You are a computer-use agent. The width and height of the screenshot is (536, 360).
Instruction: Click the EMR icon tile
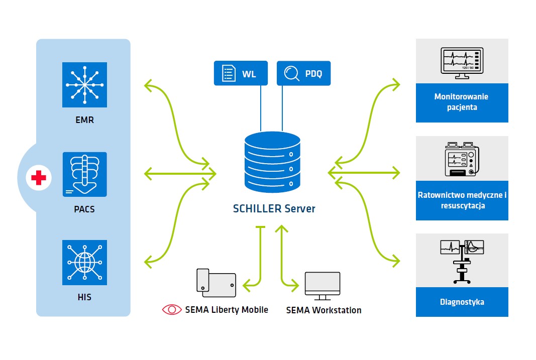84,84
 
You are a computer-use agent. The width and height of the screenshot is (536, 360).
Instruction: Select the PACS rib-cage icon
84,174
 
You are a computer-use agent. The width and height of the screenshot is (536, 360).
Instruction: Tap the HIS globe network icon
84,262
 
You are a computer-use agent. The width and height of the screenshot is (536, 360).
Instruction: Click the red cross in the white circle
39,177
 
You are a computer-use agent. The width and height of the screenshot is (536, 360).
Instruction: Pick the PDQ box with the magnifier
303,74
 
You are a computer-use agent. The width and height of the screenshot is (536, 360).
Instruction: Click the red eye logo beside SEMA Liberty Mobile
172,310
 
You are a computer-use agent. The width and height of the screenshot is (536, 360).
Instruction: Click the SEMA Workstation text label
324,310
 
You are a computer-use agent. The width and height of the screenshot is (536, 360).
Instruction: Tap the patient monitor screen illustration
462,62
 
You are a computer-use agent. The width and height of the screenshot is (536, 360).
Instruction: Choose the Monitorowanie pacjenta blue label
462,102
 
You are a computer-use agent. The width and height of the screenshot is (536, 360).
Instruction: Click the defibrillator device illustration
462,159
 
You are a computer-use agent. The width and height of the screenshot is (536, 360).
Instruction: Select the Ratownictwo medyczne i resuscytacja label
462,200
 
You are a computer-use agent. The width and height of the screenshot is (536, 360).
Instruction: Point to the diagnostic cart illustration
462,260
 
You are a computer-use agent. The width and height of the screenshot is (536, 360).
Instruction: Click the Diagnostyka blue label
462,302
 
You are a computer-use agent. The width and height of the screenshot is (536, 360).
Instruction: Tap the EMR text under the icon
84,120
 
